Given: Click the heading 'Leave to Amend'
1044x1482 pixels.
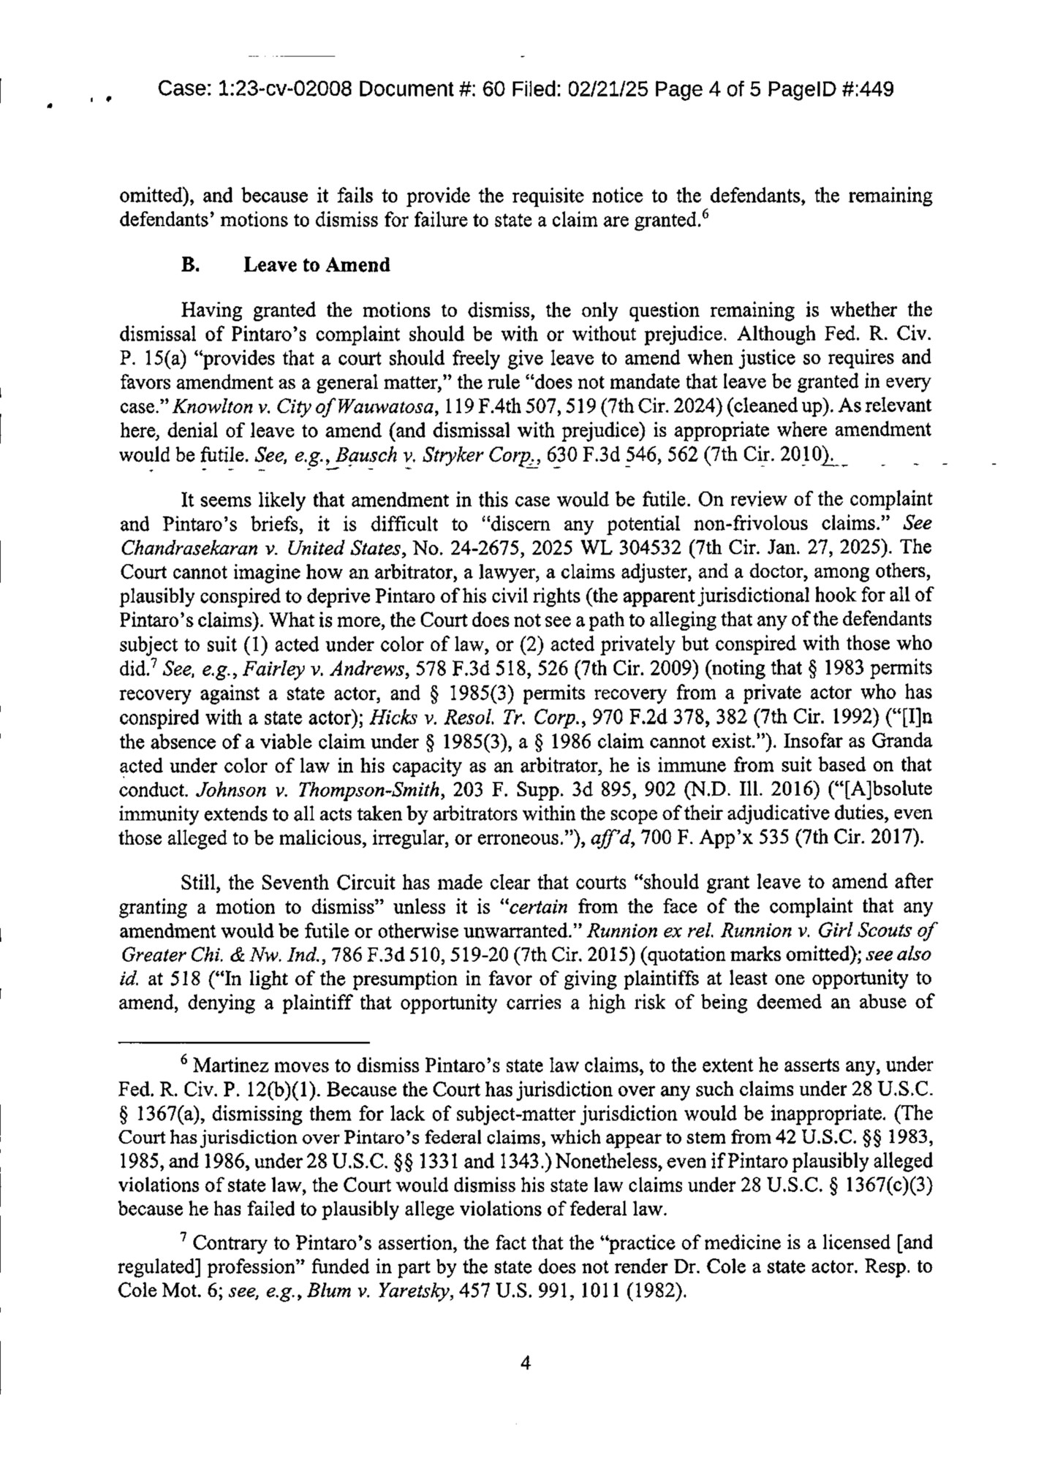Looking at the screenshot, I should [x=317, y=265].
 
